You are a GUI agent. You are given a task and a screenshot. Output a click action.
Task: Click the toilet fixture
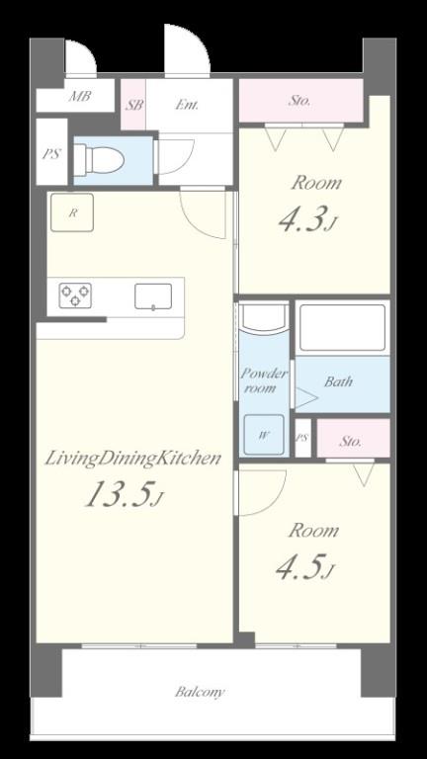point(99,159)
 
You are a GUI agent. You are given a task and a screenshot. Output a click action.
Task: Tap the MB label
point(79,96)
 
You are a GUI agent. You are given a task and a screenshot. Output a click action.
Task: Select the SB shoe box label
point(134,105)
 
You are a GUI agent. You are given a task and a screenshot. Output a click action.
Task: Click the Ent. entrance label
point(187,105)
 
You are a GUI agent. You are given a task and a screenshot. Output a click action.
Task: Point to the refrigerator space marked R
point(72,212)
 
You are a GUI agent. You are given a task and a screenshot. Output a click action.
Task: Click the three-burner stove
point(75,295)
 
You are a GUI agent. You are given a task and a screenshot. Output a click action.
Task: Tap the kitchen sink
point(153,296)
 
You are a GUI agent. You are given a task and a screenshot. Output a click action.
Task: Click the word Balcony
point(200,692)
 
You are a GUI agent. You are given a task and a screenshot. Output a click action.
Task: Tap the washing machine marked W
point(263,435)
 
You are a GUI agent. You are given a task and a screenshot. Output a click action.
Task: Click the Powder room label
point(264,380)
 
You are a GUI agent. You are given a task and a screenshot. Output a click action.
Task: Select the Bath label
point(338,381)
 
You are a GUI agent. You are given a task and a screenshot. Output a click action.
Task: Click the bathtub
point(342,328)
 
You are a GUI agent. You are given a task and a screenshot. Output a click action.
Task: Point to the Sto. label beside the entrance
point(299,101)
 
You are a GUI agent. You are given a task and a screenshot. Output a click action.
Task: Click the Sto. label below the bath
point(350,441)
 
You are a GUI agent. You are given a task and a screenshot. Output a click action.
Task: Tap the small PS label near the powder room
point(302,438)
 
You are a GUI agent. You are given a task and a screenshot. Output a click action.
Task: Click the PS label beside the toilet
point(51,154)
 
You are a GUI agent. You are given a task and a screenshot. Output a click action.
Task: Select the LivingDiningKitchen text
point(133,458)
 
